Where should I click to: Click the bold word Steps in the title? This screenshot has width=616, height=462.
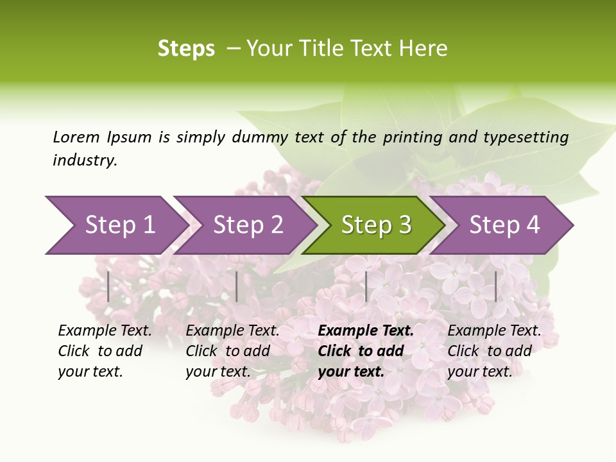[x=186, y=49]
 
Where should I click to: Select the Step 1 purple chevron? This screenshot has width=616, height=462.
[x=116, y=225]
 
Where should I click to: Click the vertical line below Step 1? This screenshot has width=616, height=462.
[x=108, y=286]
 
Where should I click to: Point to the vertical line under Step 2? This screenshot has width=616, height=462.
[x=237, y=286]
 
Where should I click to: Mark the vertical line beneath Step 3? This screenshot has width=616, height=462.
[x=366, y=286]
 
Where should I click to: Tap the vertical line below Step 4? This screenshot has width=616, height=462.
[x=495, y=286]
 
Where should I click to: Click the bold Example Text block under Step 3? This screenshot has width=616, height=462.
[x=366, y=351]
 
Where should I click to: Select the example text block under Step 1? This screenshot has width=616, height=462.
[x=105, y=351]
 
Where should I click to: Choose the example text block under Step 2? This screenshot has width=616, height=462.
[x=232, y=351]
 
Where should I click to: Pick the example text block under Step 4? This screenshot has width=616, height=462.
[x=494, y=351]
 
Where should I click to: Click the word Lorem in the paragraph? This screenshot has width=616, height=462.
[x=76, y=137]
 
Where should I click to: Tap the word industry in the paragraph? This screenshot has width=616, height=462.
[x=85, y=160]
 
